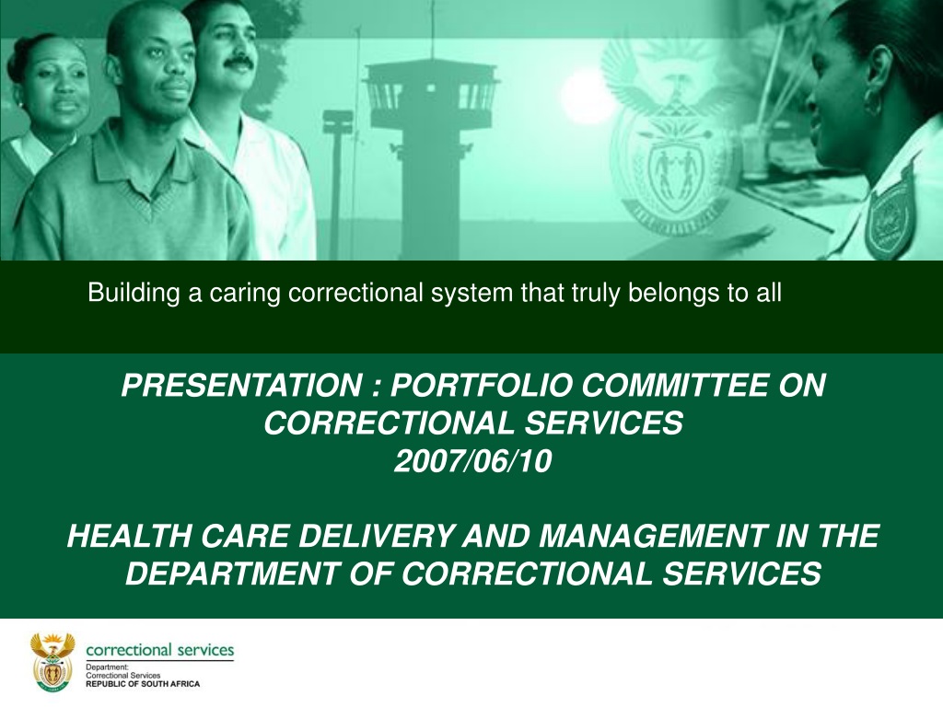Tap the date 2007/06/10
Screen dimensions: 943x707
coord(472,462)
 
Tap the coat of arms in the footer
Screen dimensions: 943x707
coord(52,661)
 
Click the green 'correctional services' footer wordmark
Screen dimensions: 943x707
coord(160,650)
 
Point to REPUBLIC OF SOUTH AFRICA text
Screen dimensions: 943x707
coord(143,684)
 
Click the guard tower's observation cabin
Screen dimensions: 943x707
coord(431,93)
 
